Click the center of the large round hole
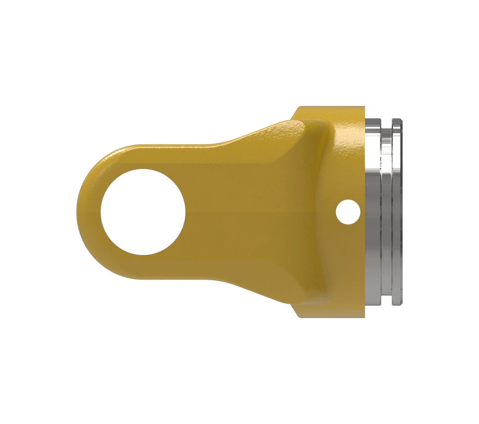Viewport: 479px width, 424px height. (143, 212)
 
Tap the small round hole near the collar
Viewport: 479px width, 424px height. (348, 212)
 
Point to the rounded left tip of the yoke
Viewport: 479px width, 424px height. (79, 212)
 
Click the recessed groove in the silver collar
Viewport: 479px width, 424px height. (386, 212)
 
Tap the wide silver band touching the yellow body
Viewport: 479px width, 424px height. (373, 212)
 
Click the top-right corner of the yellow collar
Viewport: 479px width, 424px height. (363, 108)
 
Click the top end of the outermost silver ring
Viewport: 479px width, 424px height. (397, 120)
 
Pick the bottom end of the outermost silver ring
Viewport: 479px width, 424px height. (397, 304)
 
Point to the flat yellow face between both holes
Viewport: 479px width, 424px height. (259, 212)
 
